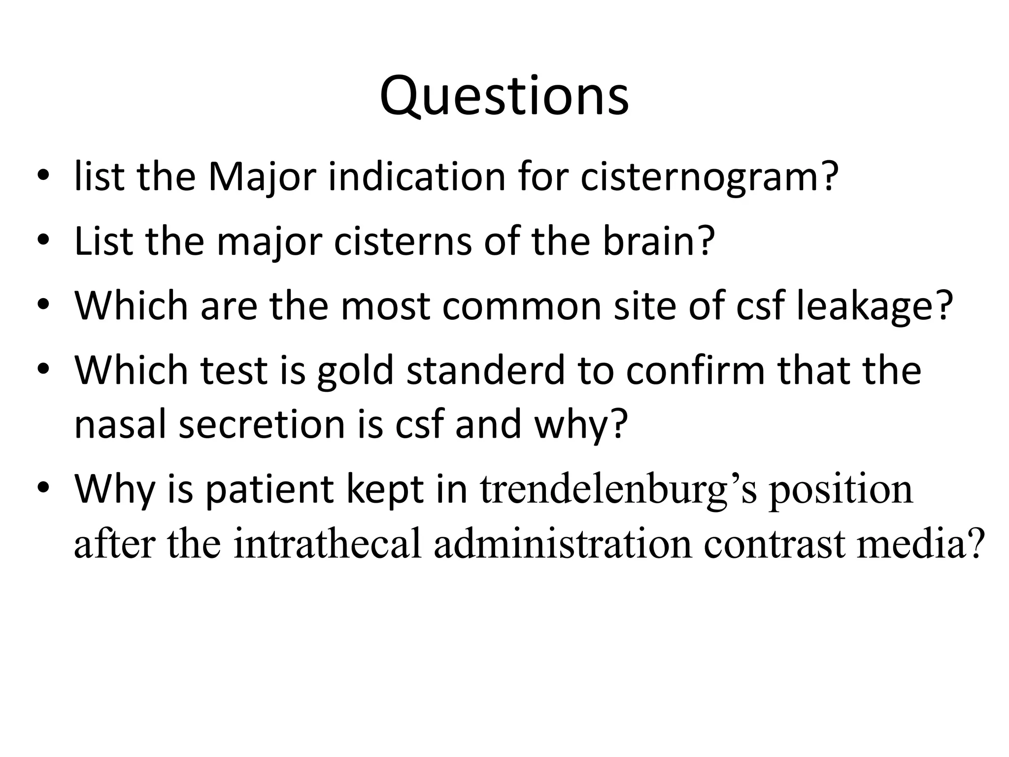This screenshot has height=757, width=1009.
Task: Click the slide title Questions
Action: [504, 97]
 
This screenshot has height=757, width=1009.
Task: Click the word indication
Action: [417, 177]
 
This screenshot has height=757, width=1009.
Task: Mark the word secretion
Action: [262, 425]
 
